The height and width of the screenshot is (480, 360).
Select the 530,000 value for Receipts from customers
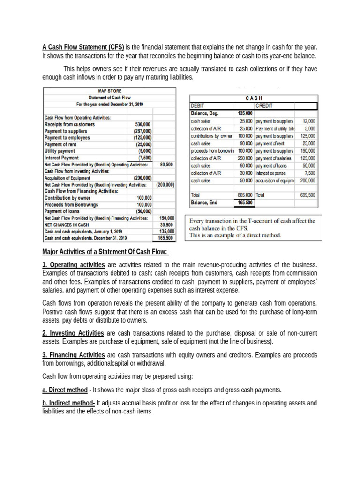click(x=143, y=125)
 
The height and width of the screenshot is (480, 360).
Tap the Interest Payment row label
click(x=62, y=158)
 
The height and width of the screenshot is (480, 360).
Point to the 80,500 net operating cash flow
click(x=166, y=165)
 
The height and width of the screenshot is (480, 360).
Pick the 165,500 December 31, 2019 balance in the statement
click(x=165, y=238)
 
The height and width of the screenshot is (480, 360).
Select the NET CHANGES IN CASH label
click(x=66, y=225)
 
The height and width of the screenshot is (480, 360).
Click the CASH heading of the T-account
click(x=254, y=98)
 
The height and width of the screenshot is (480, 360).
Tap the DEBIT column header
click(x=198, y=106)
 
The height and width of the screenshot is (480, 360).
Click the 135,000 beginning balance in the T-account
click(x=245, y=113)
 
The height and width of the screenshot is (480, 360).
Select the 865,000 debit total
click(x=245, y=195)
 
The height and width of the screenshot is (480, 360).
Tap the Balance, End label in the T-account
click(x=205, y=202)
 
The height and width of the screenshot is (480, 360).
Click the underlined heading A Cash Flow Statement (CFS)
click(x=83, y=47)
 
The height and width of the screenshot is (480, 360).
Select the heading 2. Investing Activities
click(x=73, y=333)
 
